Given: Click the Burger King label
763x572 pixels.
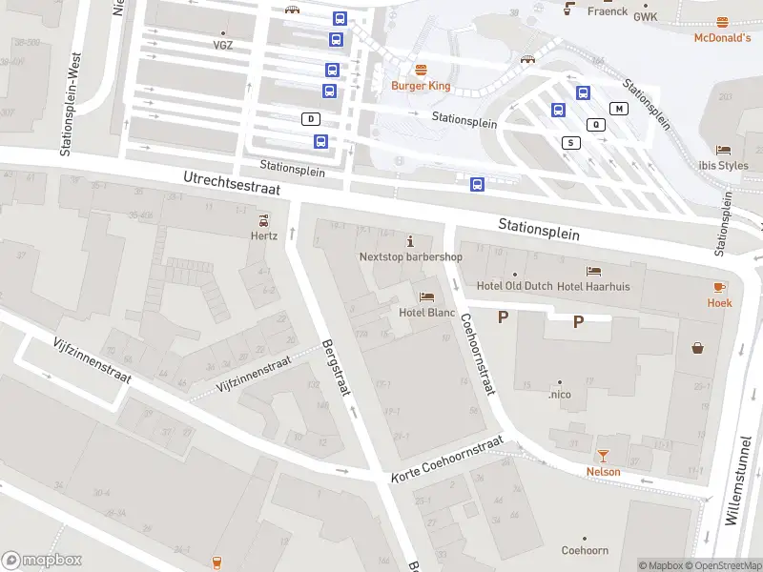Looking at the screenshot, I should pyautogui.click(x=421, y=86).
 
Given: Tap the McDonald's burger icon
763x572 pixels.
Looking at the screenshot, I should pyautogui.click(x=722, y=22).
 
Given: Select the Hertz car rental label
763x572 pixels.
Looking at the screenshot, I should pyautogui.click(x=264, y=235).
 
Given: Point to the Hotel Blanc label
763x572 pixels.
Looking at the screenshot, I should pyautogui.click(x=426, y=312).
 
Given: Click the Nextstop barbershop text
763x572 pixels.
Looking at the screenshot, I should pyautogui.click(x=410, y=256).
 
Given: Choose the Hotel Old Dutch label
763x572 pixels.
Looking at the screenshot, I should pyautogui.click(x=514, y=286).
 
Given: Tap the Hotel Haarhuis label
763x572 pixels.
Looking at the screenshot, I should pyautogui.click(x=593, y=286).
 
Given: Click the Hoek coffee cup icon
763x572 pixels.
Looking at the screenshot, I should pyautogui.click(x=719, y=287).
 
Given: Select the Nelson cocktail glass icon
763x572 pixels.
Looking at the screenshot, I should pyautogui.click(x=603, y=456).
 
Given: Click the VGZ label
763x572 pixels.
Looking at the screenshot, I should pyautogui.click(x=222, y=45).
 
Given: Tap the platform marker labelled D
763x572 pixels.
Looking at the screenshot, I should pyautogui.click(x=310, y=119).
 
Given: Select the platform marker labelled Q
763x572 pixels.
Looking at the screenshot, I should pyautogui.click(x=597, y=124).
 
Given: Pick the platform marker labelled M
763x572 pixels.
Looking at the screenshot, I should pyautogui.click(x=620, y=109).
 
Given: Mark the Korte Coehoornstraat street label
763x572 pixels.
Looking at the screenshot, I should pyautogui.click(x=446, y=460).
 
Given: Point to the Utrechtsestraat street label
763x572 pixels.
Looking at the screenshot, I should pyautogui.click(x=232, y=183).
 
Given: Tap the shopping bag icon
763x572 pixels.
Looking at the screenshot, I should pyautogui.click(x=699, y=348).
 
